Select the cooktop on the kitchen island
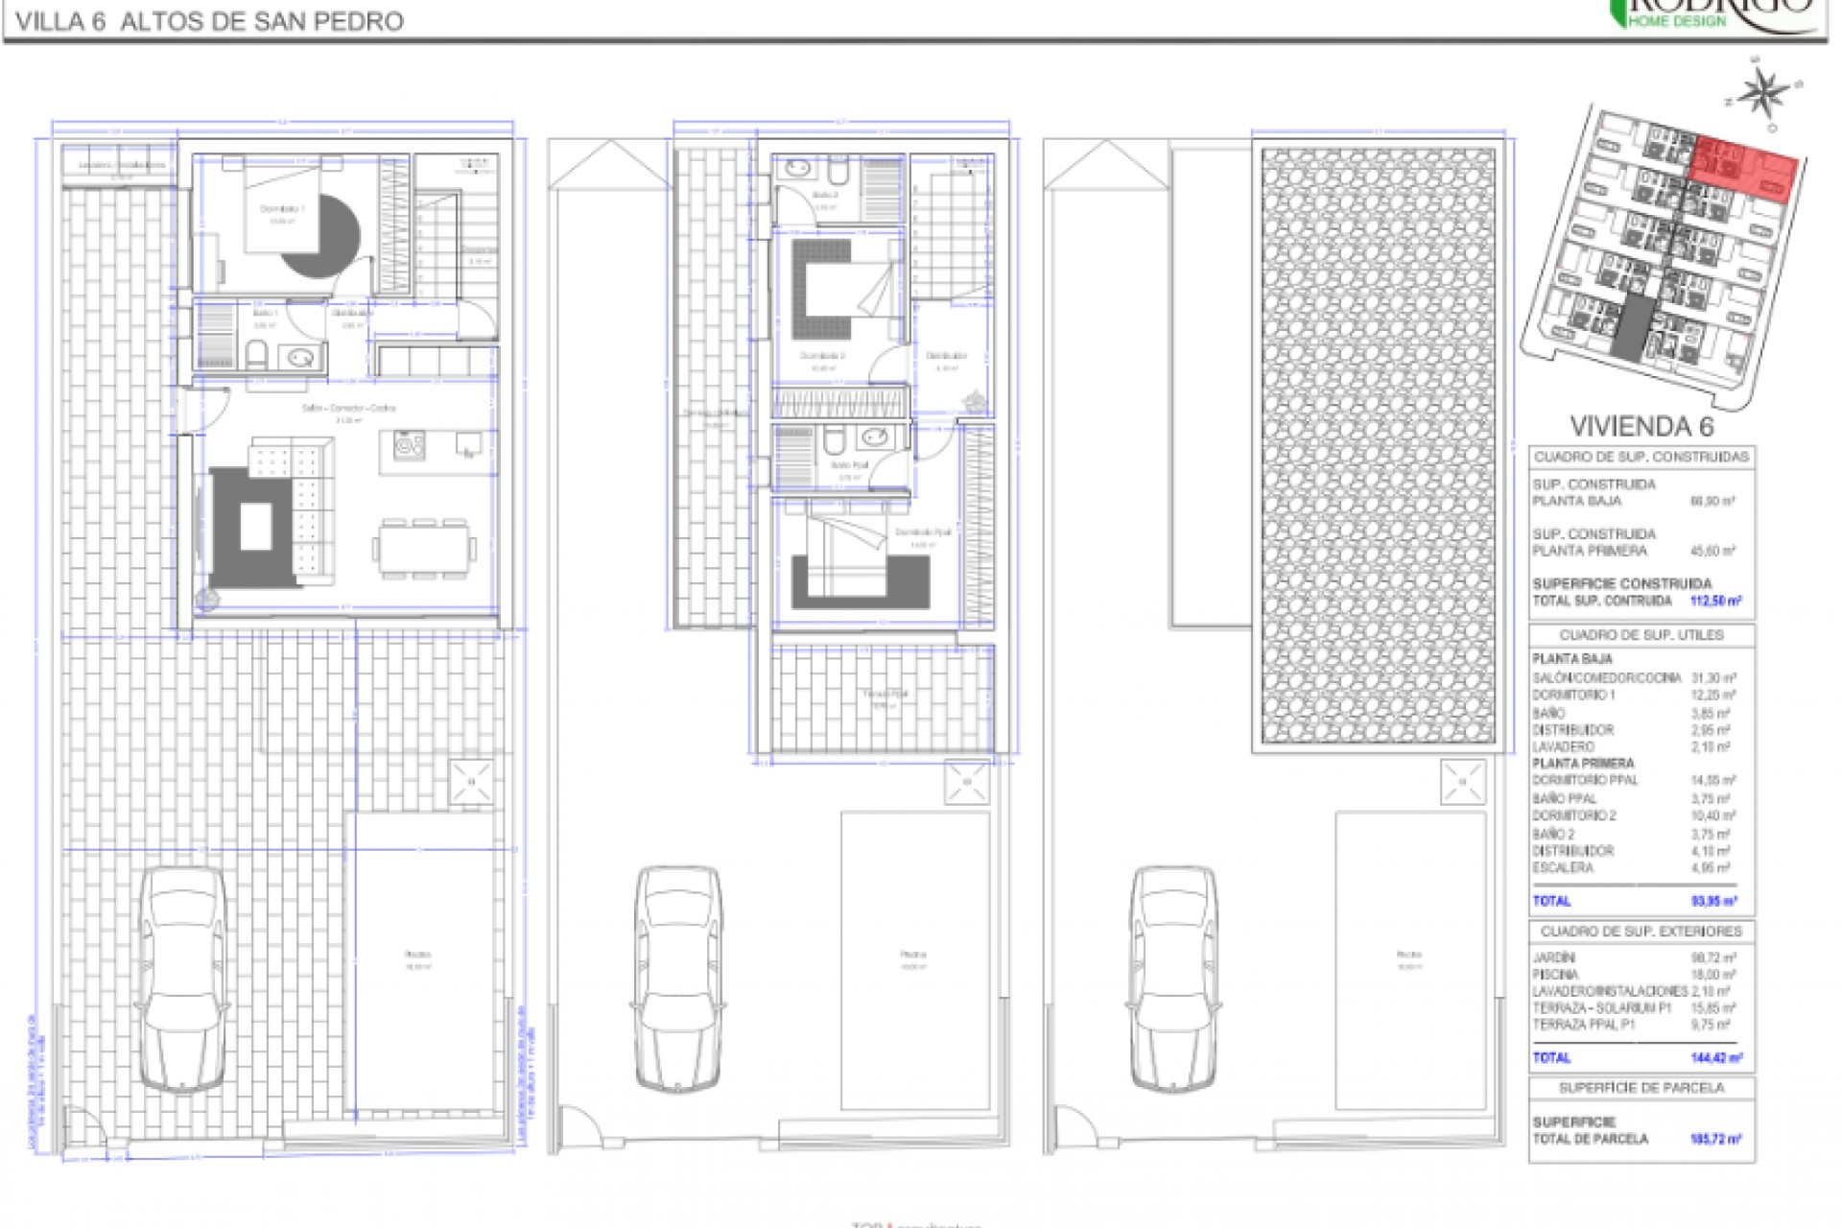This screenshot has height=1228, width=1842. coord(410,445)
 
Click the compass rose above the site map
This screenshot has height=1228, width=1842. coord(1760,92)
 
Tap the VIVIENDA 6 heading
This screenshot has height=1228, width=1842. coord(1641,426)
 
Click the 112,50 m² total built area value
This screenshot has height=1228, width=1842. coord(1715,601)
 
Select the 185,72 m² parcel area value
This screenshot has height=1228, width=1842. coord(1715,1139)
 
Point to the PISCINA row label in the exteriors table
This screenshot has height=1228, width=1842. coord(1555,974)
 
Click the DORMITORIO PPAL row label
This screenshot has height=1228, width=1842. coord(1585,780)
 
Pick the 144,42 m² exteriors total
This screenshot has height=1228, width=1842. coord(1715,1057)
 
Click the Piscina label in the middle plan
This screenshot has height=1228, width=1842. coord(913,955)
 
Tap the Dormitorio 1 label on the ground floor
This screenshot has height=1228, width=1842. coord(281,208)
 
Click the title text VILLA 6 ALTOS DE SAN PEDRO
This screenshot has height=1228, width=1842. coord(210,21)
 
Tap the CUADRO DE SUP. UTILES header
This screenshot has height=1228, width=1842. coord(1641,635)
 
